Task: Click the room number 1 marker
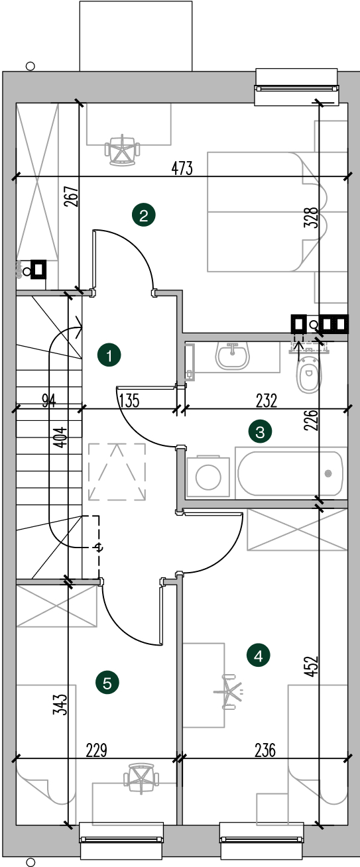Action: (x=109, y=355)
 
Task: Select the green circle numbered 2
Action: (x=144, y=215)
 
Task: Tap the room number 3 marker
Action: (x=260, y=432)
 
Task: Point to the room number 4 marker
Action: (x=258, y=656)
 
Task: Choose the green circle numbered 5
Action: (x=107, y=682)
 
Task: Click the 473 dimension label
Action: (x=182, y=168)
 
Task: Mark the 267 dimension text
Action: (x=72, y=196)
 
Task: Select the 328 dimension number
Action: (x=311, y=217)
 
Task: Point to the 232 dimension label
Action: (x=267, y=401)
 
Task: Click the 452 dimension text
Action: (x=311, y=666)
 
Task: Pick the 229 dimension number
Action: (x=96, y=750)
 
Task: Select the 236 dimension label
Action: (x=265, y=750)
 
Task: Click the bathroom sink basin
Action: (x=232, y=356)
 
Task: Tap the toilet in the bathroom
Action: (x=308, y=372)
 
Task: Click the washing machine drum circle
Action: (x=208, y=477)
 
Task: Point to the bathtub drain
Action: (x=328, y=473)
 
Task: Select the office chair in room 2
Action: (x=122, y=150)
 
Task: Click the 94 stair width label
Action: (x=49, y=400)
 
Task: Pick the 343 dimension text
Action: (x=61, y=704)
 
